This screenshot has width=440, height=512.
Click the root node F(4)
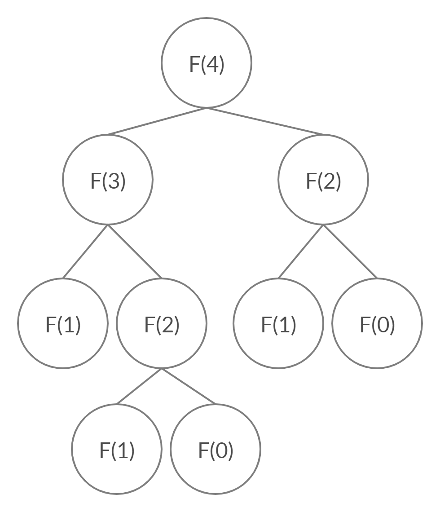[x=207, y=63]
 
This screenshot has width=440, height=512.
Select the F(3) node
[x=108, y=180]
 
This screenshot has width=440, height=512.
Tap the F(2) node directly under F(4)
[x=323, y=180]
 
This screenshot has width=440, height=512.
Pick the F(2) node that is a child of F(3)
[x=162, y=323]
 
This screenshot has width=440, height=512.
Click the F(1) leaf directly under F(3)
[x=63, y=323]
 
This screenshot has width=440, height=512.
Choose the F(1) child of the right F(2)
[x=278, y=323]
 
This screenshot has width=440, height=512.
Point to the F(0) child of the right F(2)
[x=377, y=323]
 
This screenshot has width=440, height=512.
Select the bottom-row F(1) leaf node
[x=117, y=449]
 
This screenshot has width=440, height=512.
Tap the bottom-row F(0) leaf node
[x=216, y=449]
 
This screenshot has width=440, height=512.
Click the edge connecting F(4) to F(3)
[x=157, y=121]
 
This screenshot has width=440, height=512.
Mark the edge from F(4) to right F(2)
[x=265, y=121]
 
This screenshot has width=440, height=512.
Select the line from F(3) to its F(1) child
[x=85, y=252]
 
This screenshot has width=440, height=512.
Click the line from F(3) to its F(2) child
[x=135, y=252]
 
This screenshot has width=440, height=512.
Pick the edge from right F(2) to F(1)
[x=301, y=252]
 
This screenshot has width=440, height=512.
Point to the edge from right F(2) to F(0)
[x=350, y=252]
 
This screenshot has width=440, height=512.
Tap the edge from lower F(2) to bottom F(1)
[x=139, y=386]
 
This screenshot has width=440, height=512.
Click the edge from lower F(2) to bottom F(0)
[x=189, y=386]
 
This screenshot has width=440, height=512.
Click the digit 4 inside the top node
[x=213, y=64]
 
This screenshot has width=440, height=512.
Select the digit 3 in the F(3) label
[x=114, y=181]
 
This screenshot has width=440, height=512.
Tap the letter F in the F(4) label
[x=194, y=64]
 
